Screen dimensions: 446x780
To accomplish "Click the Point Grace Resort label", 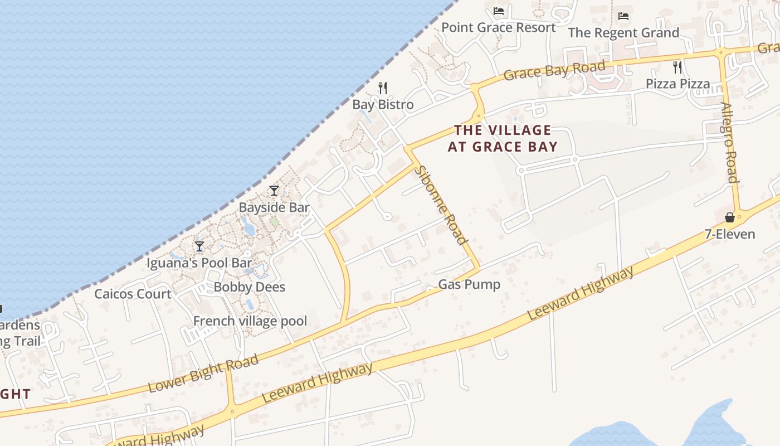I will (x=498, y=27).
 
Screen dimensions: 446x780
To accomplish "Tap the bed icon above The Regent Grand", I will (x=623, y=16).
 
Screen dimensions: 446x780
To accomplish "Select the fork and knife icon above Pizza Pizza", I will (x=677, y=67).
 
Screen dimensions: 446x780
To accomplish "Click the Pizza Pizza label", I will (x=677, y=84).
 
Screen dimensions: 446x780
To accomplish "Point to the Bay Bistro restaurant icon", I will (x=383, y=88).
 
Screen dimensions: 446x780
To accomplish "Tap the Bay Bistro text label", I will (x=383, y=104).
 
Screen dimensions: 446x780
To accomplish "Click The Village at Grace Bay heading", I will (x=503, y=138).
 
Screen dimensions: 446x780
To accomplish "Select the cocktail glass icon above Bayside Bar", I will (x=274, y=191).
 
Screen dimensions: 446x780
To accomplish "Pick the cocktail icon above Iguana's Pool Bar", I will (x=199, y=246).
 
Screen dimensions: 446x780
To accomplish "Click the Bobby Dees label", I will (x=250, y=287).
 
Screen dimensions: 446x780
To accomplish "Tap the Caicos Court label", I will (x=133, y=294).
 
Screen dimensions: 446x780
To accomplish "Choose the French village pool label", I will (x=250, y=321).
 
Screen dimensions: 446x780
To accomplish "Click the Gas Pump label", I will (x=469, y=284).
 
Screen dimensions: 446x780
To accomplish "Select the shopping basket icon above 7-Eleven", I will (x=729, y=217).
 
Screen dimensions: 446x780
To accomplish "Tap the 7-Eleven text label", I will (x=730, y=234).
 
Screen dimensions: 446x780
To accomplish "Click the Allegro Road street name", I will (x=729, y=142).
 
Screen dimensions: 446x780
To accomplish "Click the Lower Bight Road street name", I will (x=203, y=373).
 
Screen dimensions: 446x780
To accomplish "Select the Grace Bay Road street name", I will (x=554, y=71).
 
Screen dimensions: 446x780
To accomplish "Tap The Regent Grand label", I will (x=623, y=33).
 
